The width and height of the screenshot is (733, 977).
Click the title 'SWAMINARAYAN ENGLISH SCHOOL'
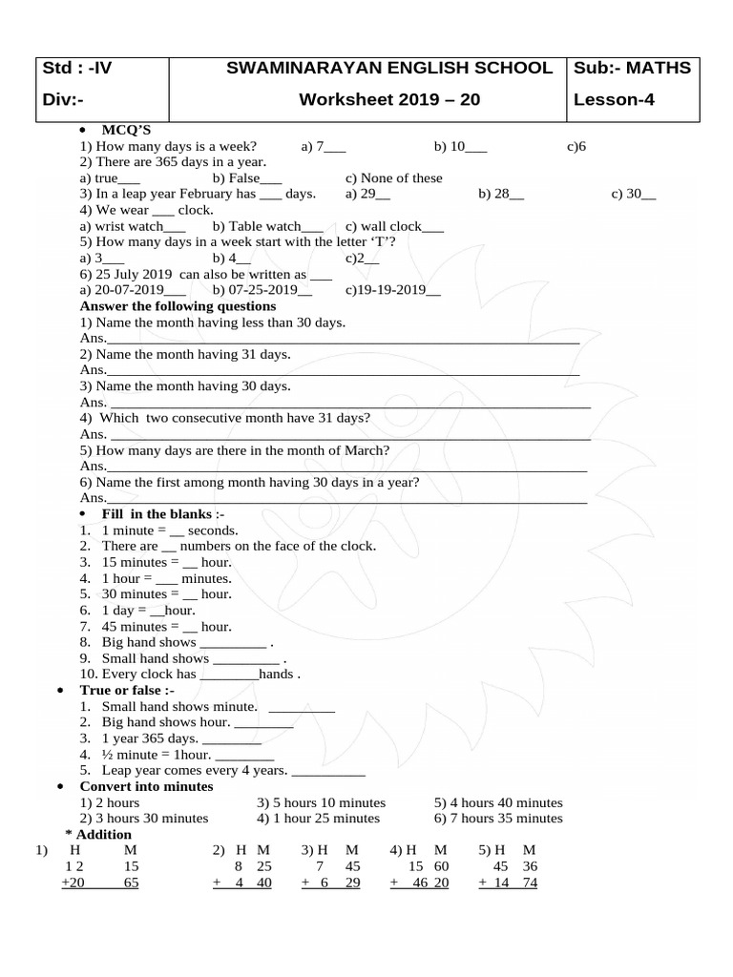[x=389, y=69]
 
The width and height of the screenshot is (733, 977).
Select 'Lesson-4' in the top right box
[x=614, y=100]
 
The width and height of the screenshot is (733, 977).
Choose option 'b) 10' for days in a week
[x=460, y=146]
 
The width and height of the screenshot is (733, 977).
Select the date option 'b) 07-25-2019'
[x=255, y=290]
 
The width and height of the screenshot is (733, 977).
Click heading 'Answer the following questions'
[x=178, y=306]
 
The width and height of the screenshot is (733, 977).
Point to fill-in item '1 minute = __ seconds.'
[x=170, y=530]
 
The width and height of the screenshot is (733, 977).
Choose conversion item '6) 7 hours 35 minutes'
[x=498, y=819]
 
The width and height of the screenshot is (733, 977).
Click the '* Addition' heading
[x=105, y=834]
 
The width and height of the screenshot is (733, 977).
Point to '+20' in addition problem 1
[x=73, y=883]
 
